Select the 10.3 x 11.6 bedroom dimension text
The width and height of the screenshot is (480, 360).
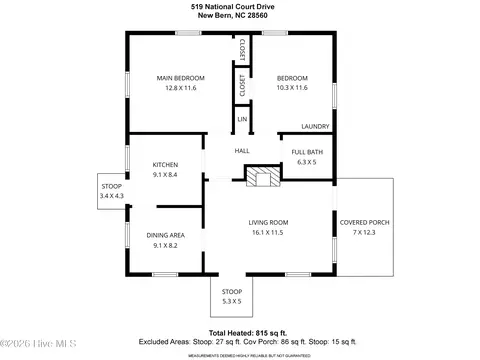click(x=291, y=89)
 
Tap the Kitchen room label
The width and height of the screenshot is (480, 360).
click(x=165, y=164)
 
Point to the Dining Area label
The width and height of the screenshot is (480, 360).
click(x=165, y=235)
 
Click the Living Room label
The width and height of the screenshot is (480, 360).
click(x=268, y=222)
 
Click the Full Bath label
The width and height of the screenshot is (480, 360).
click(x=306, y=151)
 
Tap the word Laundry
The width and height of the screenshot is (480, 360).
click(x=316, y=126)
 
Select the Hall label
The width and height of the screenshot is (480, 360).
click(x=241, y=151)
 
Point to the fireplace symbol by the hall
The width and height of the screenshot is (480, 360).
click(x=263, y=177)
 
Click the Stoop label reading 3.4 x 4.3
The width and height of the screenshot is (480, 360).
click(x=111, y=190)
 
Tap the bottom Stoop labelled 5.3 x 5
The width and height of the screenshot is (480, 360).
click(x=232, y=297)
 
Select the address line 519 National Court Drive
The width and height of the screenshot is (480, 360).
click(x=240, y=5)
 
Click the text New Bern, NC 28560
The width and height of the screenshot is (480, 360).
click(x=240, y=15)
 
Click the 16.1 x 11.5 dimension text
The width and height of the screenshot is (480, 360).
click(x=268, y=232)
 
